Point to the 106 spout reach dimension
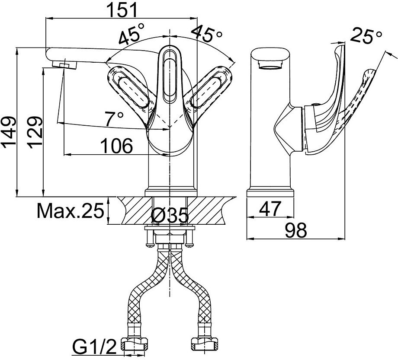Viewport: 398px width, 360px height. coord(117,146)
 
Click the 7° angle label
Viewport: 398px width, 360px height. coord(114,118)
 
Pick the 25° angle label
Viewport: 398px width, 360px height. coord(366,36)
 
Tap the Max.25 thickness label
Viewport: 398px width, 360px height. coord(71,210)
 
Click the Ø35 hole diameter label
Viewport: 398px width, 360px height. coord(170,216)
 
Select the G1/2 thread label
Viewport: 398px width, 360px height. coord(95,347)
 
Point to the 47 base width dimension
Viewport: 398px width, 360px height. coord(270,209)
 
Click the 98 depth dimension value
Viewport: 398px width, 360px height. coord(296,230)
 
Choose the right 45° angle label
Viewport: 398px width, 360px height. coord(207,33)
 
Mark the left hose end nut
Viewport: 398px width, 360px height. coord(135,344)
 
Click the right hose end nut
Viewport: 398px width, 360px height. coord(204,344)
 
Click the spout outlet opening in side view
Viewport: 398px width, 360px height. coord(270,67)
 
